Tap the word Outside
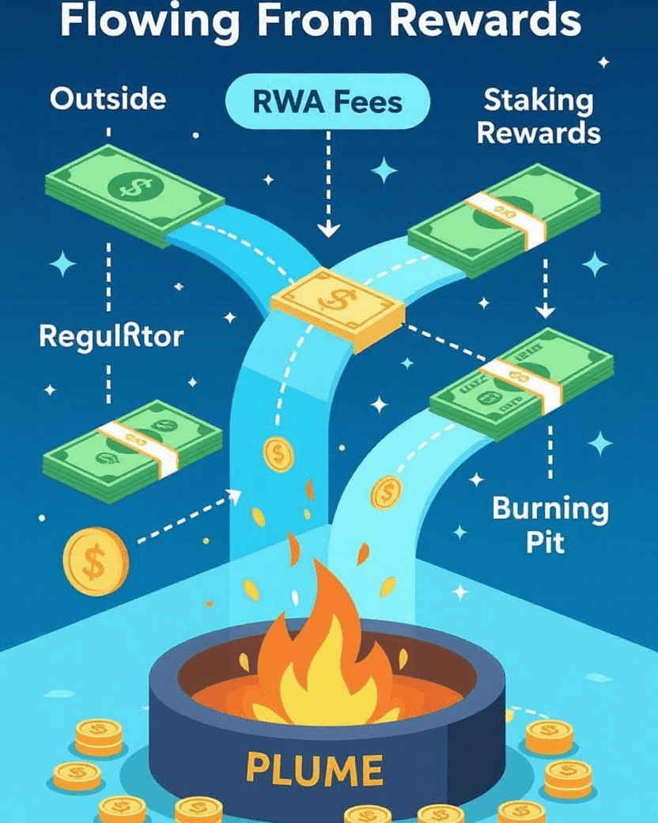pos(108,99)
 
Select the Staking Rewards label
pos(539,116)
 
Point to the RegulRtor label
pos(112,336)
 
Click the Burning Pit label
pos(550,525)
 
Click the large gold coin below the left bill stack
pos(95,562)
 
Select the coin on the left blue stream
pos(278,455)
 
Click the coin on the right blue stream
pos(385,492)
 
